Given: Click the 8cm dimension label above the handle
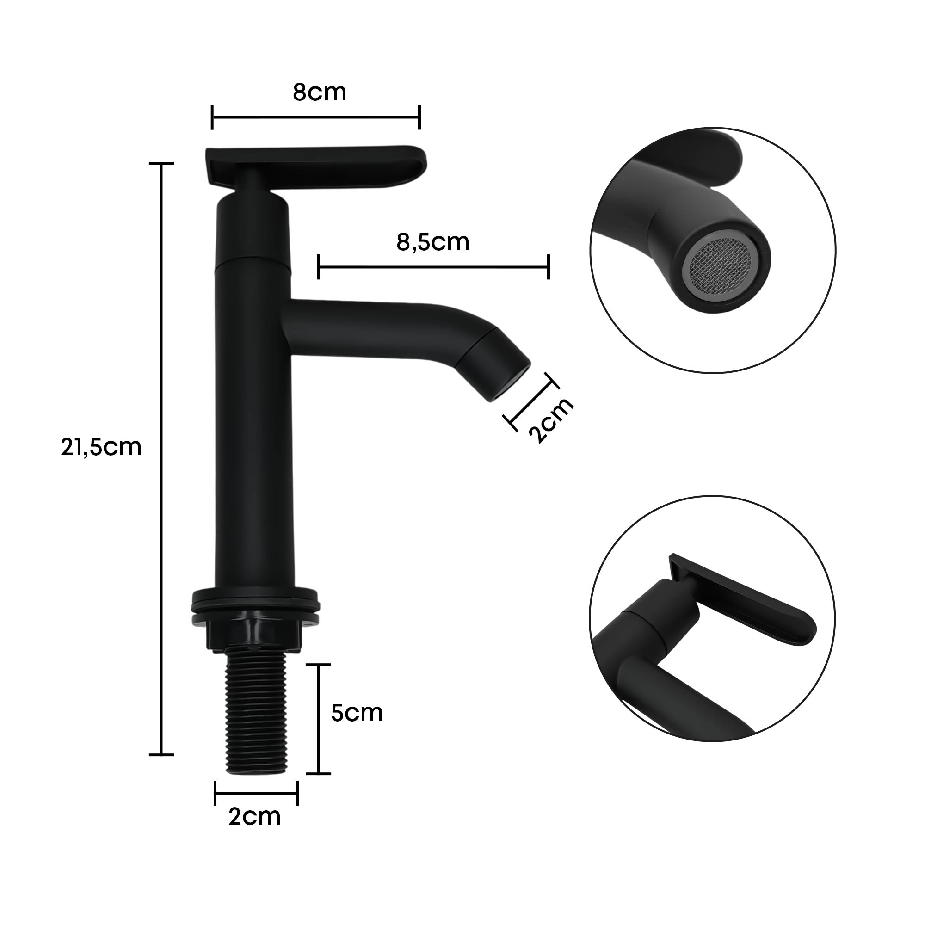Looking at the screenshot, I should [x=319, y=92].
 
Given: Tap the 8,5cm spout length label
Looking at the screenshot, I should [x=433, y=242].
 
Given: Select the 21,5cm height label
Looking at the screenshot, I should [x=101, y=448].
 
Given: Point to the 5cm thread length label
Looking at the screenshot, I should [x=357, y=713].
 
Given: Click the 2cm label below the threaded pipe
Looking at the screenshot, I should [x=254, y=817].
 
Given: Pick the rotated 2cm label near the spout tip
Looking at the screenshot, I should [x=550, y=420].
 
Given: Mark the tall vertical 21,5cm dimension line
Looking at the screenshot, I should [x=161, y=460].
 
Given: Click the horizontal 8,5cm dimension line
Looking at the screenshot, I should [x=433, y=267].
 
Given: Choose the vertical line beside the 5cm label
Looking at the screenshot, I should [x=318, y=719].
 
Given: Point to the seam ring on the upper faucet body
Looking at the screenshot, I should [x=254, y=259].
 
